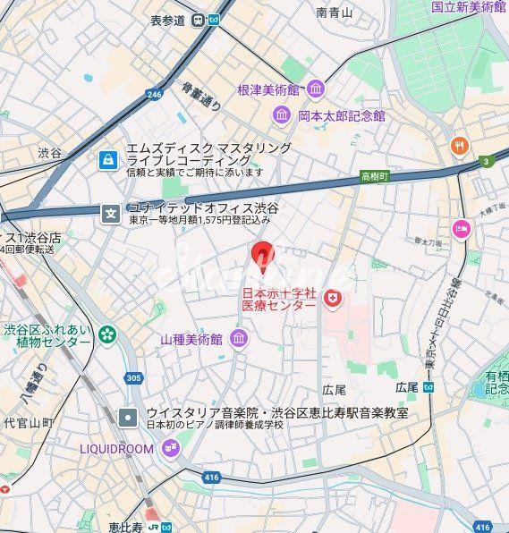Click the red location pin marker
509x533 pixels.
(x=262, y=257)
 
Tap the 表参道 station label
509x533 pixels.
(x=168, y=20)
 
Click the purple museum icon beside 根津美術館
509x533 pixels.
(x=315, y=88)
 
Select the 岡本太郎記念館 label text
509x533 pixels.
(x=341, y=115)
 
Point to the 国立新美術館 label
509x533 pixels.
(x=467, y=6)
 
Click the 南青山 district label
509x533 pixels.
(x=335, y=13)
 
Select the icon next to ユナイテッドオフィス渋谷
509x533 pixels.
(x=111, y=213)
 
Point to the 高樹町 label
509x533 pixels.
(x=374, y=176)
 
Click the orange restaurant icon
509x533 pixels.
(x=461, y=145)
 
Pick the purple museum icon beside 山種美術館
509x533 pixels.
(x=239, y=338)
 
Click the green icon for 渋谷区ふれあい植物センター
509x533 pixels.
(x=108, y=334)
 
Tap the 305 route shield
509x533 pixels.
(x=133, y=378)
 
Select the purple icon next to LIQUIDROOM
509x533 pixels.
(x=171, y=449)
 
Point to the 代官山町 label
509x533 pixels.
(x=28, y=421)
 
